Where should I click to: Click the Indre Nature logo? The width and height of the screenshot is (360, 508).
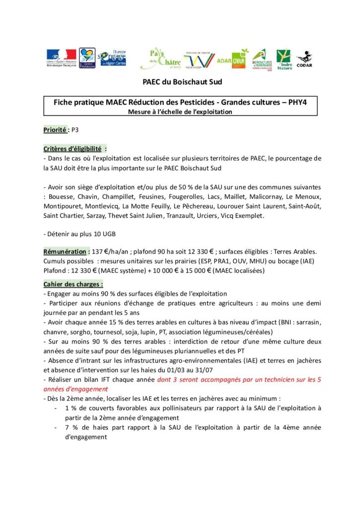click(x=284, y=59)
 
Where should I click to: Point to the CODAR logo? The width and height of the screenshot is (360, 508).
click(x=304, y=59)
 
